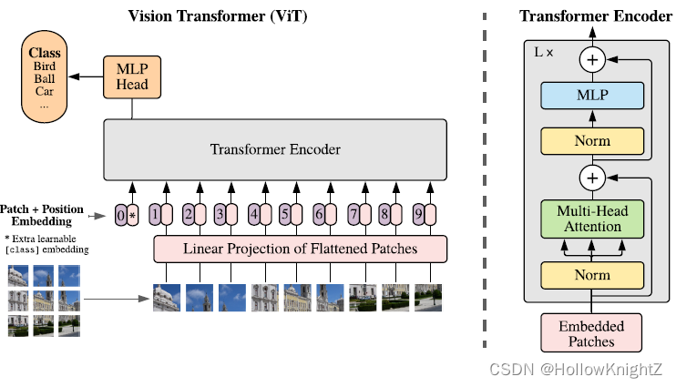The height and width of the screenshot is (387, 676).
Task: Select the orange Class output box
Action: tap(45, 76)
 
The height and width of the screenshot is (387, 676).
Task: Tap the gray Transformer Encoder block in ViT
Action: tap(276, 149)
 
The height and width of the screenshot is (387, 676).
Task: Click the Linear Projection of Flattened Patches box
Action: tap(301, 249)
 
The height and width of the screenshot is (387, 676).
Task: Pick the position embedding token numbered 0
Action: tap(121, 216)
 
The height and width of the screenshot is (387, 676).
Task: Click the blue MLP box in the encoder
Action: tap(593, 96)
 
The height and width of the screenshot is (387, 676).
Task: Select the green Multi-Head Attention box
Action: tap(593, 219)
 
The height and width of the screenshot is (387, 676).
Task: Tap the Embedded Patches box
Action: tap(592, 333)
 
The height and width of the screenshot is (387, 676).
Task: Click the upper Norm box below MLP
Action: tap(593, 141)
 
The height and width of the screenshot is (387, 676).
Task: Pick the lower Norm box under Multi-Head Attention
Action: tap(593, 274)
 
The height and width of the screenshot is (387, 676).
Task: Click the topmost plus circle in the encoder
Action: tap(593, 60)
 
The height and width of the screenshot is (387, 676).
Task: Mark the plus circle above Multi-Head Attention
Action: tap(593, 177)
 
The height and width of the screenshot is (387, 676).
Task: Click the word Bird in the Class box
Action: tap(45, 66)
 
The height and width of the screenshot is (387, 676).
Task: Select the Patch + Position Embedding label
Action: tap(41, 214)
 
